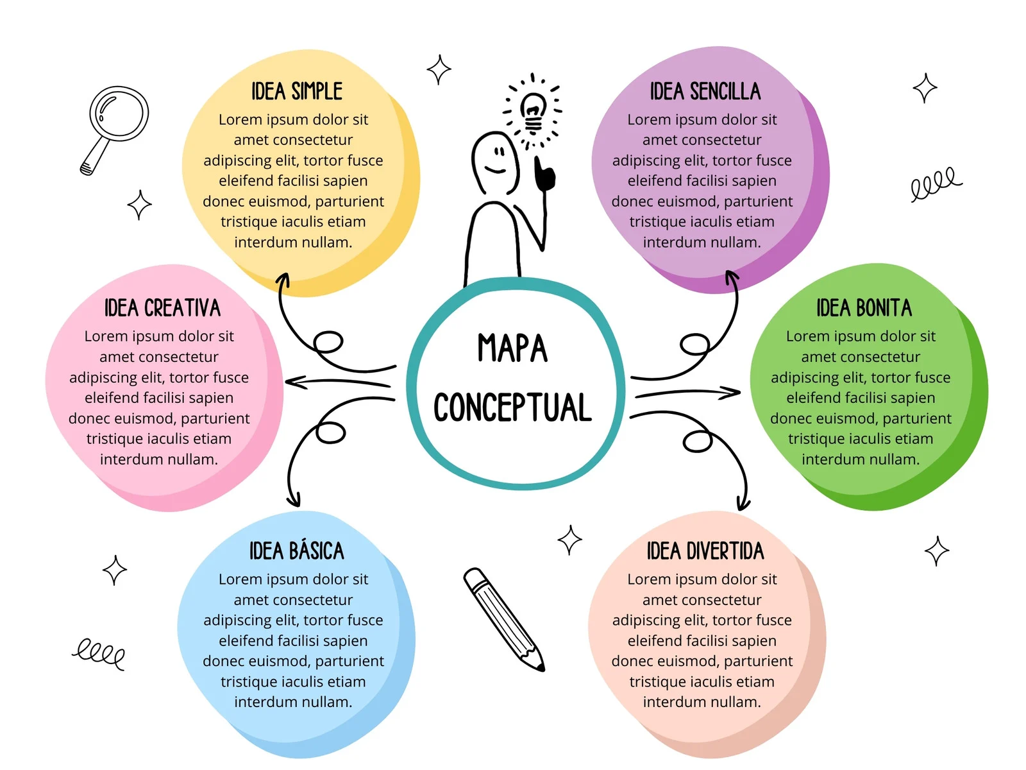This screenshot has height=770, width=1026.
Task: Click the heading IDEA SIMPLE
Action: pyautogui.click(x=296, y=91)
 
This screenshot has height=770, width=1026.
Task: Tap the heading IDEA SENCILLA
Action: pyautogui.click(x=705, y=91)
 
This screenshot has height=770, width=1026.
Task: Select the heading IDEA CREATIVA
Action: pyautogui.click(x=162, y=308)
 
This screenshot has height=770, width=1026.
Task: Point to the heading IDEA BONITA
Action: pyautogui.click(x=864, y=308)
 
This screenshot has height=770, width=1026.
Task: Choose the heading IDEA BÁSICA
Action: pyautogui.click(x=296, y=551)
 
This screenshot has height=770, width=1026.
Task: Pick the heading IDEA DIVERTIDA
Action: pyautogui.click(x=705, y=551)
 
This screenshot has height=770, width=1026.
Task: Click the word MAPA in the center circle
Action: pyautogui.click(x=512, y=348)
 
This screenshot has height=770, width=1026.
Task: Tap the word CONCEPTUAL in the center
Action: pyautogui.click(x=512, y=407)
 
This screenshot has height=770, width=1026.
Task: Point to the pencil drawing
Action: pyautogui.click(x=503, y=619)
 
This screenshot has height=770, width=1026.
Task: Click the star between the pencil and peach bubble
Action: pyautogui.click(x=569, y=540)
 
